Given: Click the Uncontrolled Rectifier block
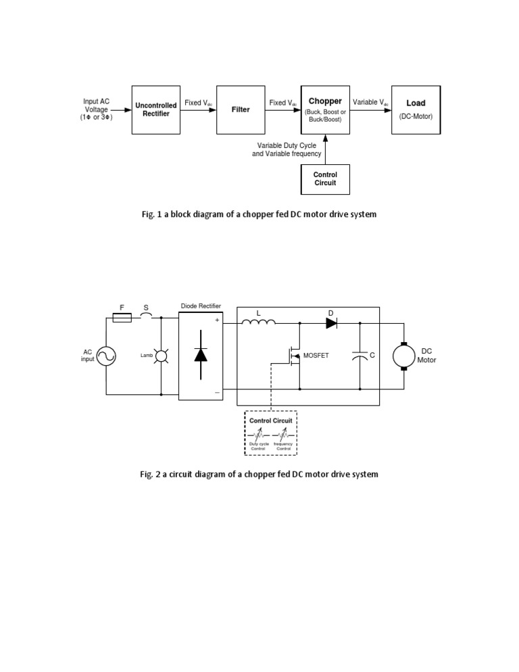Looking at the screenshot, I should (x=156, y=110).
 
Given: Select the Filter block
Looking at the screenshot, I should (x=241, y=110).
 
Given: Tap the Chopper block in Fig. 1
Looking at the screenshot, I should (x=325, y=110).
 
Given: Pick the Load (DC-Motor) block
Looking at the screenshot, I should (x=416, y=110).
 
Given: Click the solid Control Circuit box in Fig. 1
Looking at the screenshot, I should (x=325, y=179).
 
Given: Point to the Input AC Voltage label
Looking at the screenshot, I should (x=96, y=109).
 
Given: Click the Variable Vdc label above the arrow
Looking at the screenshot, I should (x=371, y=103).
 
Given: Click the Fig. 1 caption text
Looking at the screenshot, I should (x=259, y=214).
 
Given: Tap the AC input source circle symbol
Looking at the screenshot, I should (x=106, y=356).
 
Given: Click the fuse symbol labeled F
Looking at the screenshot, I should (x=122, y=317).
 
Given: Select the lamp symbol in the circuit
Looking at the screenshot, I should (x=161, y=355).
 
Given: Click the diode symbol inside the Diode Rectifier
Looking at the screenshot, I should (x=201, y=354).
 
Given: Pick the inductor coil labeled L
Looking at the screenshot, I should (x=258, y=322).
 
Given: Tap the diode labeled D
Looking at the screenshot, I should (x=331, y=323).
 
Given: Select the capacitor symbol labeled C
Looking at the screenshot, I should (x=360, y=356).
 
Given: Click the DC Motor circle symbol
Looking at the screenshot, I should (x=404, y=356).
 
